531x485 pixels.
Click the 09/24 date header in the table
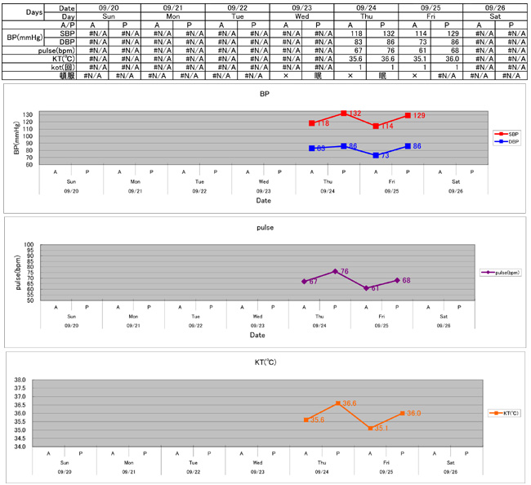pyautogui.click(x=366, y=7)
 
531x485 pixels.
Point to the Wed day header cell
pyautogui.click(x=301, y=16)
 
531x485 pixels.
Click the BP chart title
pyautogui.click(x=264, y=94)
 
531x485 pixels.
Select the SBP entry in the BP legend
pyautogui.click(x=506, y=133)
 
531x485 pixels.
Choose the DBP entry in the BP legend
pyautogui.click(x=506, y=141)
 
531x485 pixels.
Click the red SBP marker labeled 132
pyautogui.click(x=344, y=113)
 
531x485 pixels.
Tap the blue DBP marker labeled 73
pyautogui.click(x=376, y=155)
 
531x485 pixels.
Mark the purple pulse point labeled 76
pyautogui.click(x=335, y=271)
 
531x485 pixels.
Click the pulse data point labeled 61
pyautogui.click(x=366, y=288)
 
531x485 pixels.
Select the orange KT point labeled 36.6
pyautogui.click(x=338, y=403)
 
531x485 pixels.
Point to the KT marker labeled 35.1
pyautogui.click(x=370, y=428)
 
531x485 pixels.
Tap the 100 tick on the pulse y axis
pyautogui.click(x=28, y=245)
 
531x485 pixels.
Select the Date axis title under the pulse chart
pyautogui.click(x=257, y=335)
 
